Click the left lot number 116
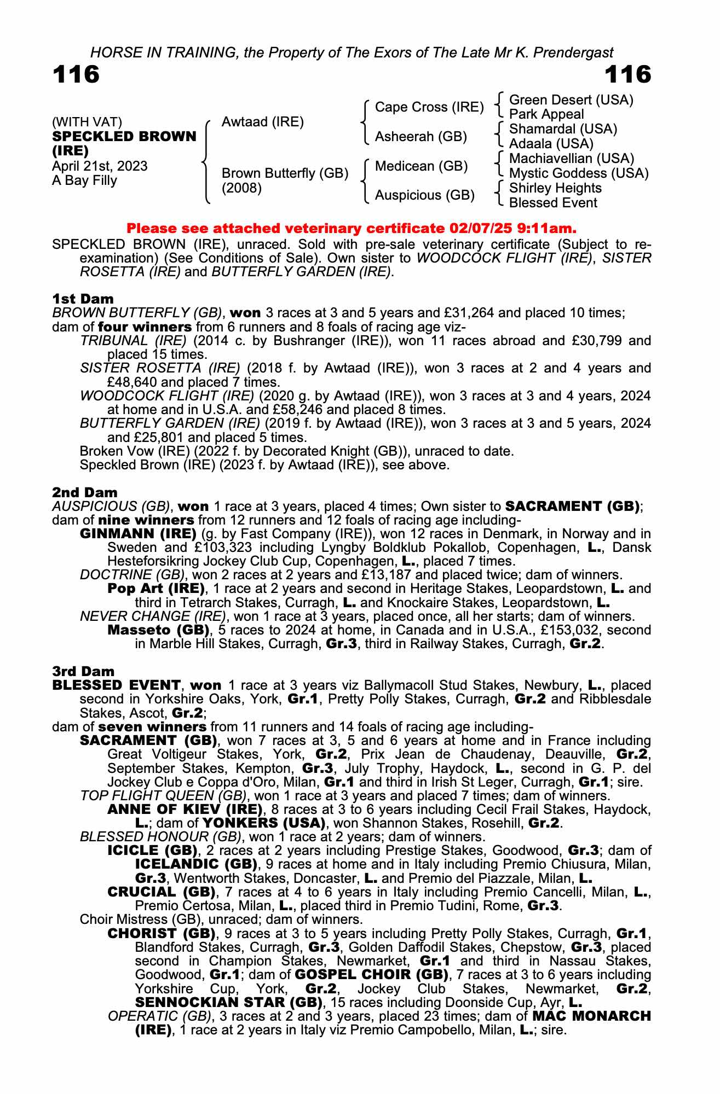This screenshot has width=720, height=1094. pyautogui.click(x=76, y=75)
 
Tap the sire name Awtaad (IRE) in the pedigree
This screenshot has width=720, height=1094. pyautogui.click(x=262, y=122)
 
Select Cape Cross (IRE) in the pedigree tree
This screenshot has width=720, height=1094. pyautogui.click(x=429, y=107)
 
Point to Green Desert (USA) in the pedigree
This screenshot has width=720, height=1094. pyautogui.click(x=571, y=100)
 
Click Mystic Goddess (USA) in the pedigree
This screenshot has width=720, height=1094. pyautogui.click(x=578, y=173)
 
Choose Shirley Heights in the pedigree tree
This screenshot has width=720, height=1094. pyautogui.click(x=555, y=188)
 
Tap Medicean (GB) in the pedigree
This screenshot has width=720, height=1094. pyautogui.click(x=421, y=166)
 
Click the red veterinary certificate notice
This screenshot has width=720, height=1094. pyautogui.click(x=352, y=228)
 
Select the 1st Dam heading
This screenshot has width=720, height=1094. pyautogui.click(x=83, y=299)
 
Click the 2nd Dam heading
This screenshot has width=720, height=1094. pyautogui.click(x=84, y=492)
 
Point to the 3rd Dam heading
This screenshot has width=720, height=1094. pyautogui.click(x=83, y=671)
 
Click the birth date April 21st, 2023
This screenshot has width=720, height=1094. pyautogui.click(x=100, y=166)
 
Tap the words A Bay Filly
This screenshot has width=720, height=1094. pyautogui.click(x=84, y=181)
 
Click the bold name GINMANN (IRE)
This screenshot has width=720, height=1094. pyautogui.click(x=138, y=533)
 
